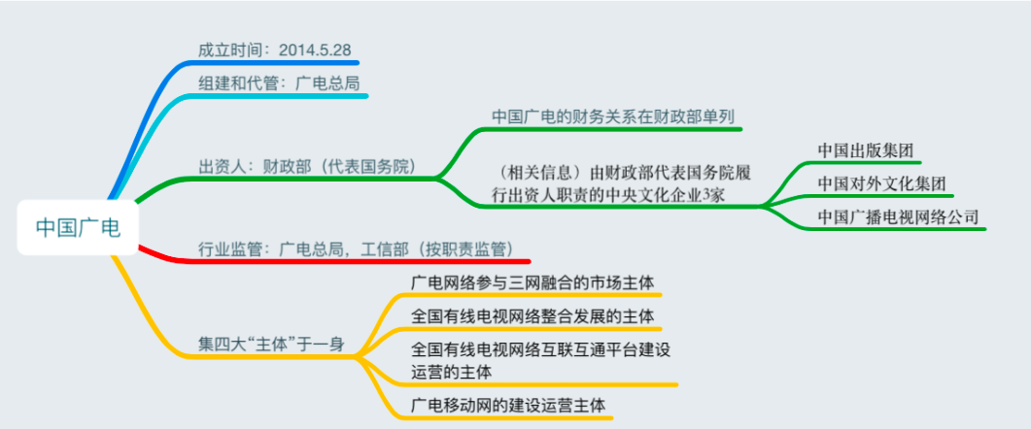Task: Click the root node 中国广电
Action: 78,227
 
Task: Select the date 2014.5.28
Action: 314,49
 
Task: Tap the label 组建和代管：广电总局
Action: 279,82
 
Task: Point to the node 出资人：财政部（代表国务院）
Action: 307,166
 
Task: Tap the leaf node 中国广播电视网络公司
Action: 898,216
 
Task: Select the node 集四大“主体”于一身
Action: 271,345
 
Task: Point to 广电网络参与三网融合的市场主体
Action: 533,283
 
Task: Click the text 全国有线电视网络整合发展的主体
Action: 533,316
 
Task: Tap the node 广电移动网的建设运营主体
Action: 507,405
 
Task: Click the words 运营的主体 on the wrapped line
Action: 451,372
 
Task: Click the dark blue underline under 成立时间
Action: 276,63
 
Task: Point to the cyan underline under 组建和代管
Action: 280,96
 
